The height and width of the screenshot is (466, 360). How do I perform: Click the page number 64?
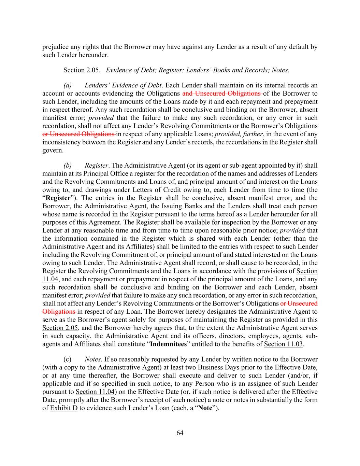pyautogui.click(x=180, y=433)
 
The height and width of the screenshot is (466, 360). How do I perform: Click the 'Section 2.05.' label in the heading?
pyautogui.click(x=82, y=70)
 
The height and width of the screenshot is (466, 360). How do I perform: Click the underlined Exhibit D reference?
pyautogui.click(x=64, y=408)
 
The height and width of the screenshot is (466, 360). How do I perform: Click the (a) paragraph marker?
pyautogui.click(x=68, y=85)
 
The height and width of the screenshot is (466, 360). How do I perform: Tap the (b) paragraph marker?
pyautogui.click(x=68, y=166)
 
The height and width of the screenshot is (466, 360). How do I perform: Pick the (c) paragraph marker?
pyautogui.click(x=68, y=359)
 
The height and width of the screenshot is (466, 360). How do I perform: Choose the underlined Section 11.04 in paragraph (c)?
pyautogui.click(x=95, y=392)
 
